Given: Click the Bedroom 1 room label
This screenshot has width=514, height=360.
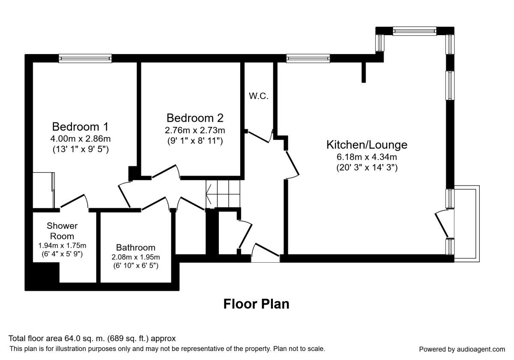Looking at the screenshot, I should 80,127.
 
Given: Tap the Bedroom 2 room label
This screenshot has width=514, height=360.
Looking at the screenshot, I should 195,118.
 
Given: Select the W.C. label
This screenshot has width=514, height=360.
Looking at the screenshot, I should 259,96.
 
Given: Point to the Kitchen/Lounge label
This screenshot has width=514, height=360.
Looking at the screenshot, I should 367,145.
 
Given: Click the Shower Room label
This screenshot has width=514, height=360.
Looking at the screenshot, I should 62,231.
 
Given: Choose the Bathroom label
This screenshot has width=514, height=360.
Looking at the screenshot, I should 136,248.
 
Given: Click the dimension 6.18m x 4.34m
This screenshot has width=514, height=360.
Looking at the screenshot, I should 367,157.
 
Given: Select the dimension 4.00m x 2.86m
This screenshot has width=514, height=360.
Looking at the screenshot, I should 80,139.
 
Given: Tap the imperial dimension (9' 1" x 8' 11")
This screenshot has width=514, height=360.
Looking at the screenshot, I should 195,141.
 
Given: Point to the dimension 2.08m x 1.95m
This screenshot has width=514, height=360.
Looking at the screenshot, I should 136,257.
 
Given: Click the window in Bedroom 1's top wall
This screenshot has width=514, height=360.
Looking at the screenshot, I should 85,58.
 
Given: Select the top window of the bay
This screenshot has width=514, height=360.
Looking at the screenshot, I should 414,30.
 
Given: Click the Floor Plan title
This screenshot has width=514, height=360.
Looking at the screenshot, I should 256,304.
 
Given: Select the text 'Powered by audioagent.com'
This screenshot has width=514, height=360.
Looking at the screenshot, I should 462,349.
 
